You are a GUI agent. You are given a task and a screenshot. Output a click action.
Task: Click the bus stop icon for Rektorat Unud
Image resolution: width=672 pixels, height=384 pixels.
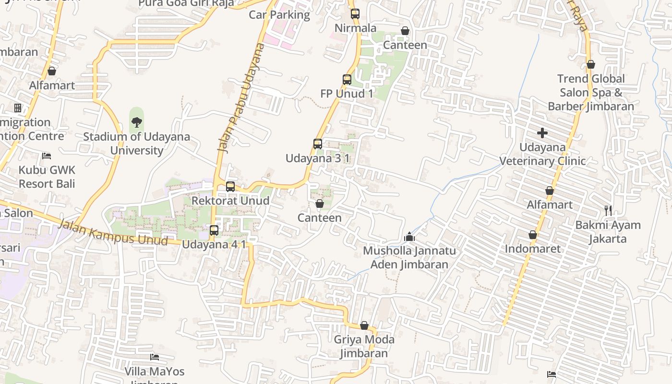(x=230, y=186)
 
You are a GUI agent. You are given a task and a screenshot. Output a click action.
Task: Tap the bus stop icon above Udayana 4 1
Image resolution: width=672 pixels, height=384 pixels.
(x=214, y=230)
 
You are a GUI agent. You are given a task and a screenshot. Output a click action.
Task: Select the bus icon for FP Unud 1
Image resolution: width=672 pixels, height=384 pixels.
(x=347, y=80)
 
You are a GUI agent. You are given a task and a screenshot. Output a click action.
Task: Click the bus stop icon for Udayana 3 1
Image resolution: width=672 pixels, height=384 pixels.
(x=317, y=144)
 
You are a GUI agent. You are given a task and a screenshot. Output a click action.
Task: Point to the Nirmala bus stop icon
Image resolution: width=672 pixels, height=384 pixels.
(x=355, y=14)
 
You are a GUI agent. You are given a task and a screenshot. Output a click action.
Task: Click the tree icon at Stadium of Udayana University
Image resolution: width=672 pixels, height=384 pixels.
(x=137, y=122)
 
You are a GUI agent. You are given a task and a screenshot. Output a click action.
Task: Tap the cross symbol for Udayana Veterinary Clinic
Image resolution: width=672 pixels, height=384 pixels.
(x=542, y=132)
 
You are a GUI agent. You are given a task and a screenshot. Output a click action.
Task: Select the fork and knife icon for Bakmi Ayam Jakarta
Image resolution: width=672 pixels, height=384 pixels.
(x=608, y=210)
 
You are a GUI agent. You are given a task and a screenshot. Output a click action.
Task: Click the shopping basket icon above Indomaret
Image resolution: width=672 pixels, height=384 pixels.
(x=533, y=235)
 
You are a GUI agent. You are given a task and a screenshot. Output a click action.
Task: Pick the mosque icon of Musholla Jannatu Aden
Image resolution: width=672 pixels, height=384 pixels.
(x=409, y=237)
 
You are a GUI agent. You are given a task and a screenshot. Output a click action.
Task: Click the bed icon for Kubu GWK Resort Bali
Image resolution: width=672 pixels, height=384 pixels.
(x=47, y=156)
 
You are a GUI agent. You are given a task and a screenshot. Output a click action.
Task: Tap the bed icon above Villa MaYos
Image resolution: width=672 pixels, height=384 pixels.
(x=155, y=357)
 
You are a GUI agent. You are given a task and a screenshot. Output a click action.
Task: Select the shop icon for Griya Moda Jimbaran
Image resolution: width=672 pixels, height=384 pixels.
(x=364, y=326)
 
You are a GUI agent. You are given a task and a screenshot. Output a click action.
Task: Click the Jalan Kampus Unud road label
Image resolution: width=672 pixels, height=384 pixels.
(x=113, y=232)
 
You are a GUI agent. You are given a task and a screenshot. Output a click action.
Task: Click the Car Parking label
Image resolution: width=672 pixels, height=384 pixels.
(x=279, y=15)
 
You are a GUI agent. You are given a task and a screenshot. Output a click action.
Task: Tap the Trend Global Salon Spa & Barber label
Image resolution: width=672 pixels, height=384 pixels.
(x=591, y=92)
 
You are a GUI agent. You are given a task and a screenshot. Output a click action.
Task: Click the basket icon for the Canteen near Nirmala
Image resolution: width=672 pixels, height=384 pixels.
(x=405, y=31)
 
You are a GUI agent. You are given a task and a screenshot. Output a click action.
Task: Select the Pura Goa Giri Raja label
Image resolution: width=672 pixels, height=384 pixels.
(x=186, y=4)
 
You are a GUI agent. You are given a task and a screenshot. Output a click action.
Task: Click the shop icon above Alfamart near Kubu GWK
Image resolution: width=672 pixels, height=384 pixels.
(x=52, y=71)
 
